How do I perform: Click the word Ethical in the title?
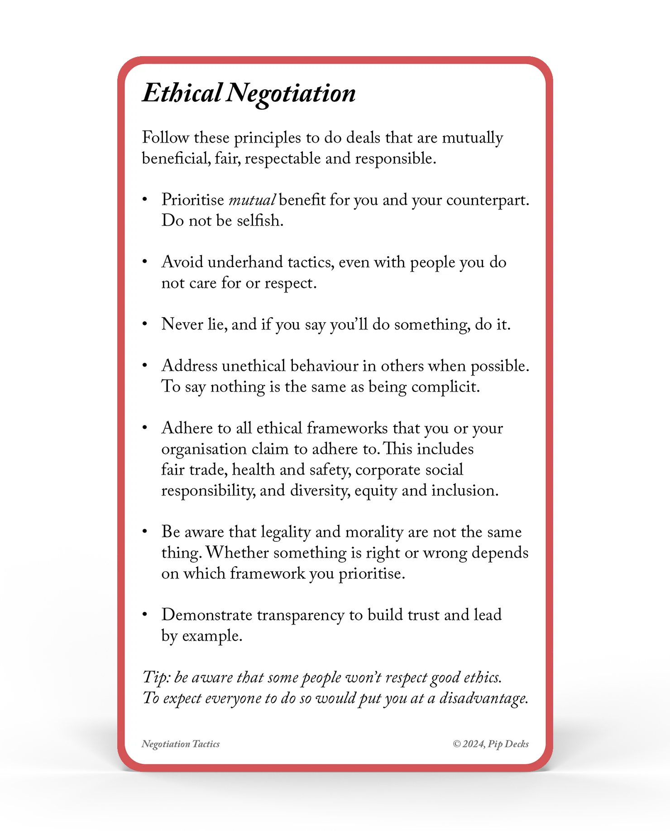(182, 93)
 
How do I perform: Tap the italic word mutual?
(252, 200)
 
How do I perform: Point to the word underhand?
(245, 263)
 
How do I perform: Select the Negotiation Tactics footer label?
(181, 744)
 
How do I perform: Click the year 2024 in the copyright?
(472, 744)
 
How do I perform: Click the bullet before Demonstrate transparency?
(145, 614)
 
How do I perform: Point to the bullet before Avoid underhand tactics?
(145, 262)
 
